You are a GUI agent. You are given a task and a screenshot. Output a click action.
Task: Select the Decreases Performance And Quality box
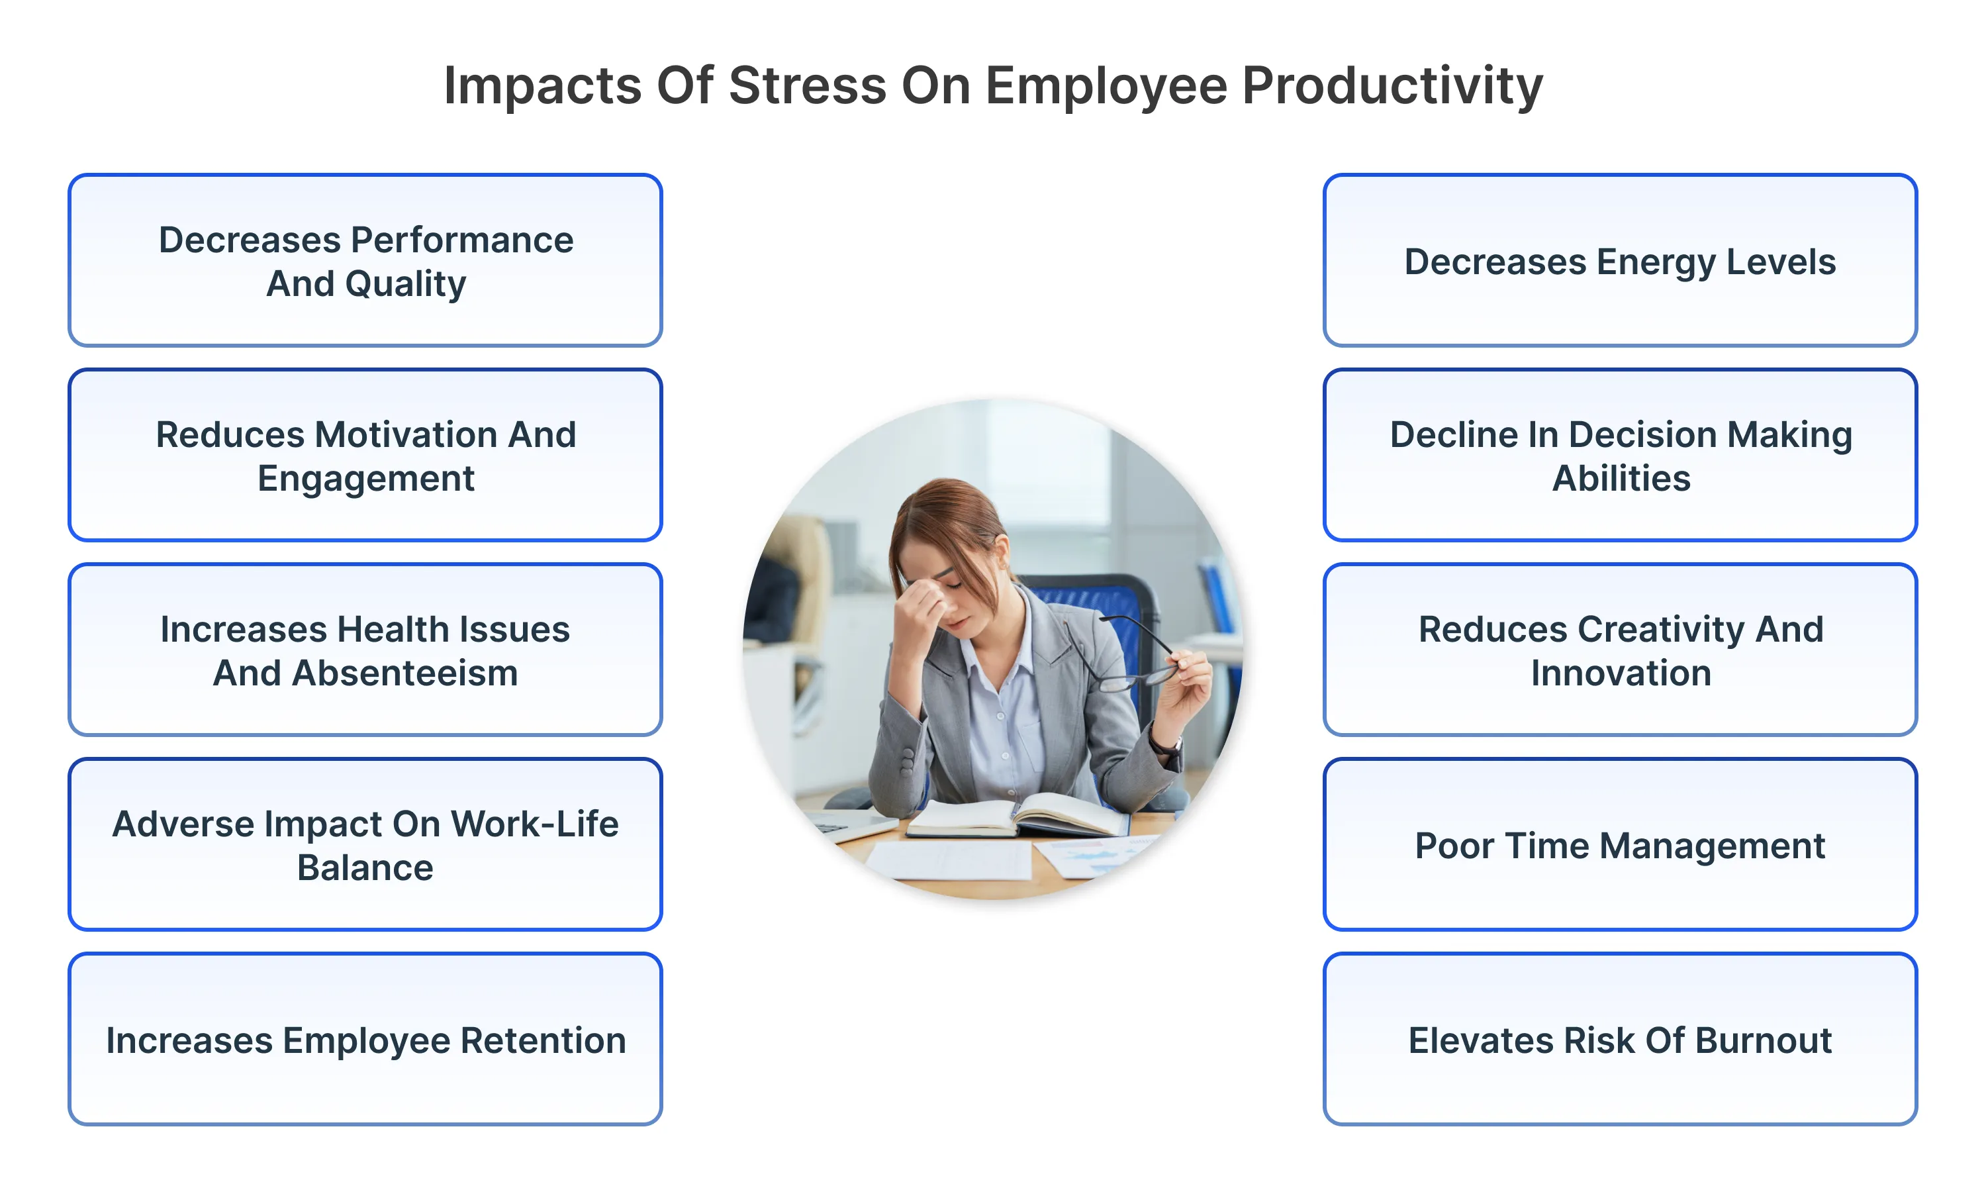pos(365,261)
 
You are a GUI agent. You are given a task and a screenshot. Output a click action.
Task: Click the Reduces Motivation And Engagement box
pos(365,456)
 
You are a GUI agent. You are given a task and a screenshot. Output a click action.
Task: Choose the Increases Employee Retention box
pos(365,1040)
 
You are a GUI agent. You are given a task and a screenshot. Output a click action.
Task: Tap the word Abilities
pos(1621,479)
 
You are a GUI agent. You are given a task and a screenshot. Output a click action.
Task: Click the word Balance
pos(365,867)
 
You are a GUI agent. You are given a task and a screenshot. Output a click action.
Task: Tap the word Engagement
pos(365,479)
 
